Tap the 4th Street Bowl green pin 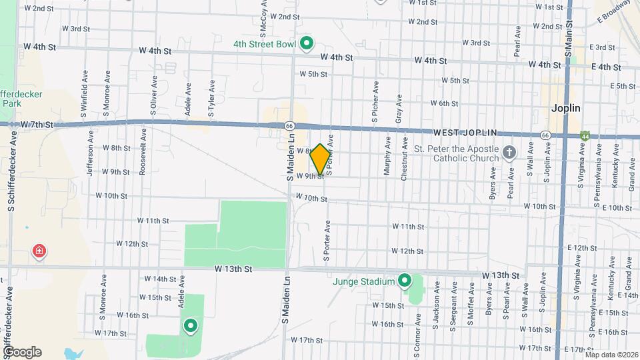click(x=307, y=44)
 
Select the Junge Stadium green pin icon click(x=404, y=281)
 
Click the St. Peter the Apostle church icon click(x=509, y=153)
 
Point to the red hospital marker click(x=39, y=251)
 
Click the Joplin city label click(x=566, y=108)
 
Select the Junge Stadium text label click(x=365, y=281)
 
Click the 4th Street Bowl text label click(x=265, y=45)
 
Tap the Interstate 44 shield click(x=585, y=135)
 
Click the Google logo click(x=22, y=352)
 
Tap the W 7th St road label click(x=37, y=125)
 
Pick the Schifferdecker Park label click(x=20, y=99)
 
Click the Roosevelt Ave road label click(x=143, y=157)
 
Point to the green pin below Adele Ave click(x=191, y=326)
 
